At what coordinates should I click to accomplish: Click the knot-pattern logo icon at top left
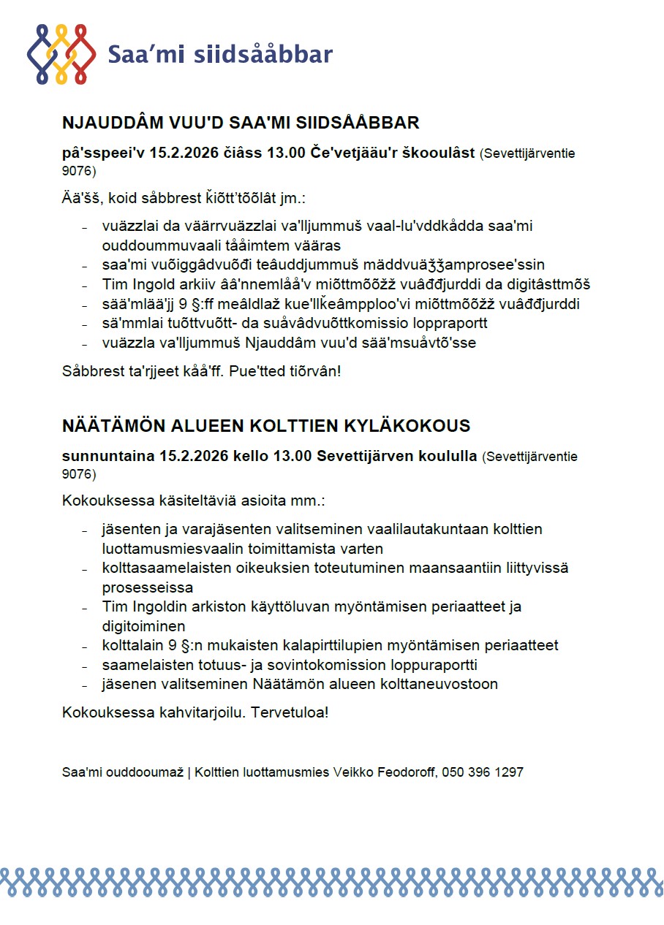click(61, 54)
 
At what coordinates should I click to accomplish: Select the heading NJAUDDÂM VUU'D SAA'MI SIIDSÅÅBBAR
click(241, 122)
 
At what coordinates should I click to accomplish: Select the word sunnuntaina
click(107, 457)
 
